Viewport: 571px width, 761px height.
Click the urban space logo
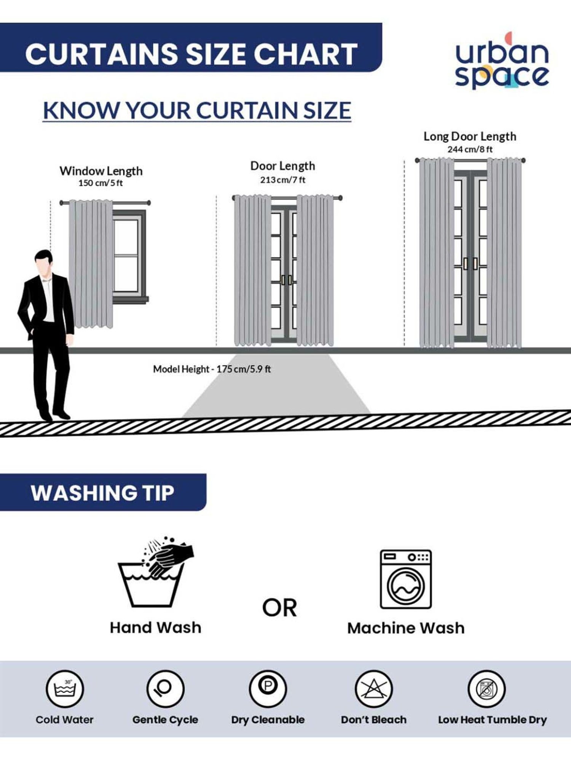click(502, 61)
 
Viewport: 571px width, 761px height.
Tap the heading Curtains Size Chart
click(191, 54)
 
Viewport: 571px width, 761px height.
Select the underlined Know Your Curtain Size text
click(197, 111)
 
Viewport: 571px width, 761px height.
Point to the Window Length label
click(101, 171)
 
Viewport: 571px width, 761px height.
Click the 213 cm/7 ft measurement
click(282, 180)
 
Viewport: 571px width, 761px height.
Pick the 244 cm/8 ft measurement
click(470, 149)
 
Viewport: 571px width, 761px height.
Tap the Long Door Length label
click(470, 136)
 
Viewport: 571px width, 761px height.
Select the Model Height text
click(212, 369)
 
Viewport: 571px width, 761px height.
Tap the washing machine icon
click(406, 579)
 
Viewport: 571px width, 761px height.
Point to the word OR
click(279, 608)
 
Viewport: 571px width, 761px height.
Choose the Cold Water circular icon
click(65, 689)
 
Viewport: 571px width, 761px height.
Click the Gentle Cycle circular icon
click(166, 689)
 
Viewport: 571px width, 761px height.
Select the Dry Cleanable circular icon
click(268, 689)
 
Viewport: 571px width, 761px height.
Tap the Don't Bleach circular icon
click(373, 689)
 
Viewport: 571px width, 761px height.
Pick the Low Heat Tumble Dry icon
click(486, 689)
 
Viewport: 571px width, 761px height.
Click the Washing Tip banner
click(103, 492)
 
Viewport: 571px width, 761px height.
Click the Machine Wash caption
click(406, 628)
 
